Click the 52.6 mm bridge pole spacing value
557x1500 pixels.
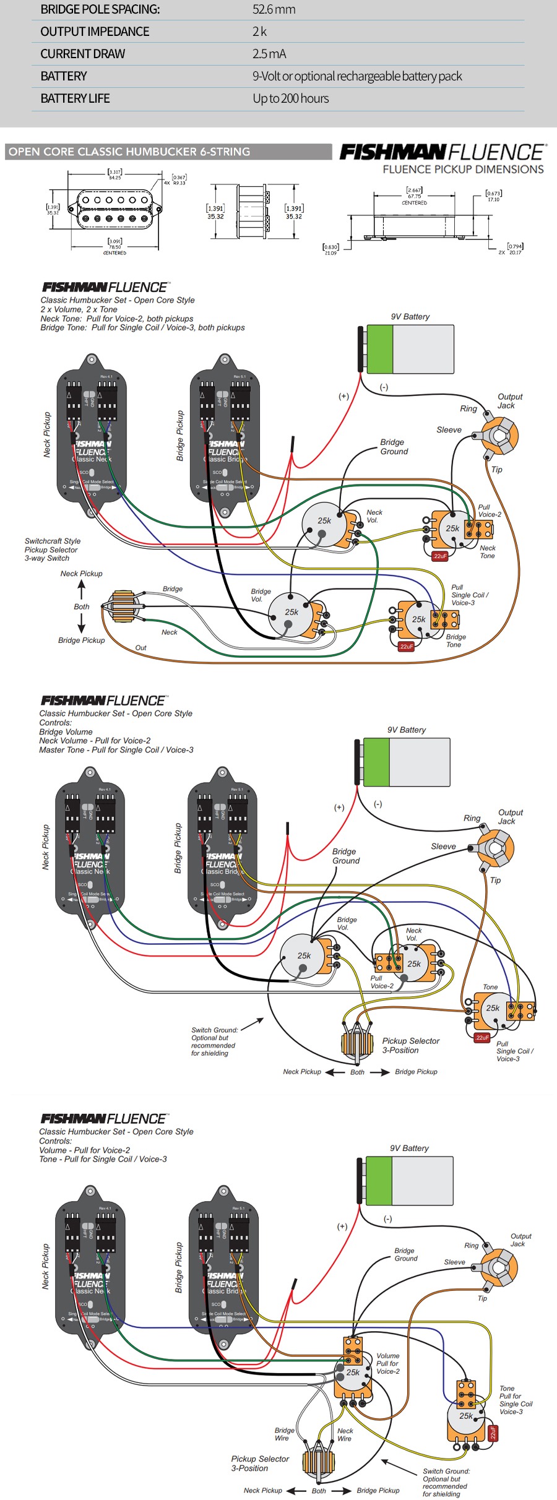tap(274, 9)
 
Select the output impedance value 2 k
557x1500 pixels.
tap(259, 32)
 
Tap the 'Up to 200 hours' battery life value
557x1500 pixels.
tap(290, 98)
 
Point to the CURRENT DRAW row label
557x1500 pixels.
tap(82, 54)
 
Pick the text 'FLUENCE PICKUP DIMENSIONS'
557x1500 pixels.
tap(463, 170)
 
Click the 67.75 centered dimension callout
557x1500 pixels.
tap(414, 196)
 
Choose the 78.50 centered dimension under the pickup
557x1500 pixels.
tap(115, 246)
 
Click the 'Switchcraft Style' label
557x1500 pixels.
tap(53, 541)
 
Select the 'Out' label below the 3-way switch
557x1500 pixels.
tap(140, 648)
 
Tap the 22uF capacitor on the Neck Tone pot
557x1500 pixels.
tap(440, 556)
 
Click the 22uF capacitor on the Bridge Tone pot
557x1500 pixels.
tap(406, 646)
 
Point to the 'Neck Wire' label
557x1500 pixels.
tap(345, 1434)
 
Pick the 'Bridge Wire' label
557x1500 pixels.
tap(285, 1434)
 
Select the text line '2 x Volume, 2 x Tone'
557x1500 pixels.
tap(79, 309)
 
